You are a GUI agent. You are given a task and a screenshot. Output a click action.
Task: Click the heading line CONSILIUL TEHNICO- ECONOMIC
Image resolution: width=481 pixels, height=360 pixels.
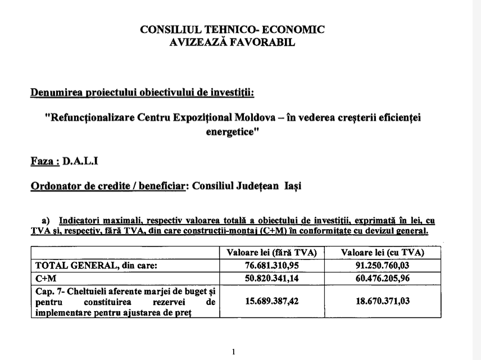(232, 30)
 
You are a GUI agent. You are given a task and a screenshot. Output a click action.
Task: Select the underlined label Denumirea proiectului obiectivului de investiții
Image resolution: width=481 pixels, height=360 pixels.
(142, 92)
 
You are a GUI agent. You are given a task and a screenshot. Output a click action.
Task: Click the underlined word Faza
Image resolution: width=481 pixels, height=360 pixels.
(44, 161)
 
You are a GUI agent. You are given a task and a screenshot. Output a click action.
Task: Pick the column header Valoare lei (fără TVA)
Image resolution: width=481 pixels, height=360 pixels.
(271, 253)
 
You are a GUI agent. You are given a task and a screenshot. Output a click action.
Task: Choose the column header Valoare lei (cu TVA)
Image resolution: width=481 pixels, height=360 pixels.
(382, 253)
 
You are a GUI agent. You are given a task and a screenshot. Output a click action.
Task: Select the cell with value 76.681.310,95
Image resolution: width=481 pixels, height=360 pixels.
(271, 265)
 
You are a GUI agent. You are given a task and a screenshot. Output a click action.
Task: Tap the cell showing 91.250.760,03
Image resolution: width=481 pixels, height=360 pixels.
(382, 265)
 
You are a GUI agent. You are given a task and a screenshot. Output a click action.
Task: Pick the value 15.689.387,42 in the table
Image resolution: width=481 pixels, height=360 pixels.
(271, 301)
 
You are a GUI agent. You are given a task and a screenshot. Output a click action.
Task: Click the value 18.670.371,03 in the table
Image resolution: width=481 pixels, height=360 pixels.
(382, 301)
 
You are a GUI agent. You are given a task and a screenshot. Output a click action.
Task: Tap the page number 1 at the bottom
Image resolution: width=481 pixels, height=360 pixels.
(233, 352)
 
